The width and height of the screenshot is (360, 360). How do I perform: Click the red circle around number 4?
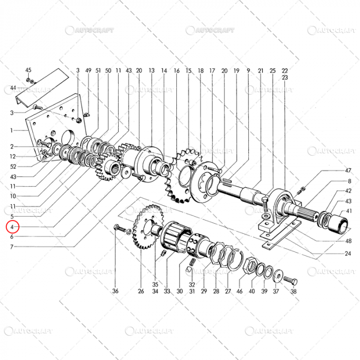click(x=12, y=226)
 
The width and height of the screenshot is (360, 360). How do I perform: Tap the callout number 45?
click(x=28, y=70)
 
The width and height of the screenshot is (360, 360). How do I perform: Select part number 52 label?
click(x=13, y=167)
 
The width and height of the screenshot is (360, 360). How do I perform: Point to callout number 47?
click(x=348, y=170)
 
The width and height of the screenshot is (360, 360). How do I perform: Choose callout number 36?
click(x=116, y=291)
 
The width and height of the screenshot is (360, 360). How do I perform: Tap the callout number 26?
click(x=140, y=291)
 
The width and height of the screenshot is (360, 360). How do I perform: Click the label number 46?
click(x=239, y=291)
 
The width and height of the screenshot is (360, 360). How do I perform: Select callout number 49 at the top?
click(x=88, y=70)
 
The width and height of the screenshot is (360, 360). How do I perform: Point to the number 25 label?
click(x=273, y=70)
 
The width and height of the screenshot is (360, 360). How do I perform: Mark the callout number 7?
click(x=12, y=246)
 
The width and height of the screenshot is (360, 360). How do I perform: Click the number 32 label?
click(x=191, y=284)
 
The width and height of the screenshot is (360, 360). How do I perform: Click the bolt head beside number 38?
click(x=289, y=280)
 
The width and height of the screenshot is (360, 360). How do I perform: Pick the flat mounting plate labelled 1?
click(x=51, y=129)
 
